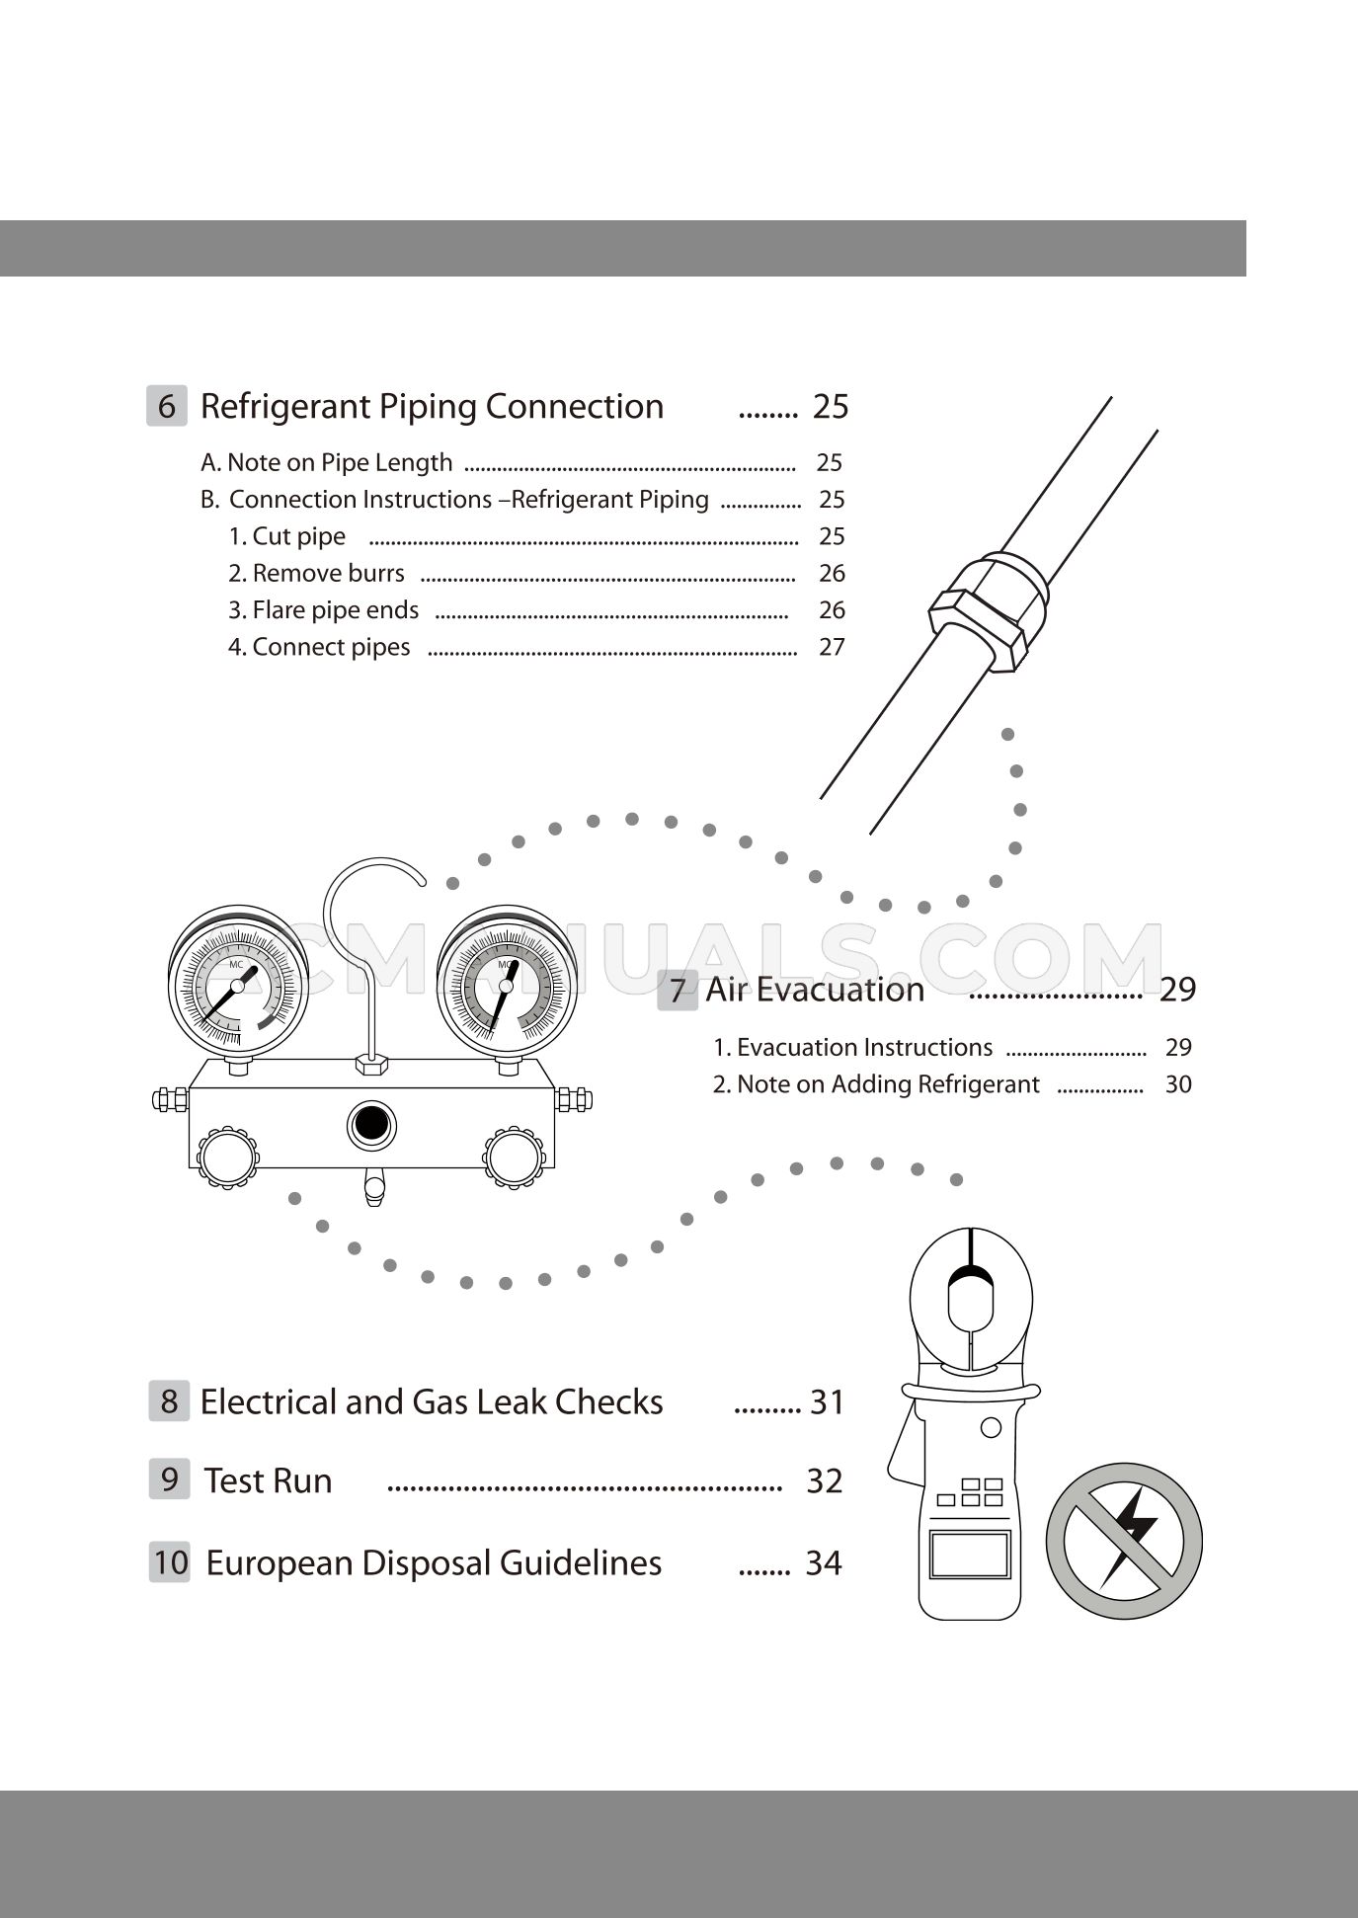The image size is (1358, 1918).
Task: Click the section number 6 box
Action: pos(167,407)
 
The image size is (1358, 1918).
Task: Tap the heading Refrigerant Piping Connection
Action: pos(432,407)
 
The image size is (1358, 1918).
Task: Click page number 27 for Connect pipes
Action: pos(832,647)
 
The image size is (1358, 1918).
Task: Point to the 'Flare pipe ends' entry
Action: pos(324,610)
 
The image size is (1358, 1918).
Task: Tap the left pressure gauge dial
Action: pos(237,985)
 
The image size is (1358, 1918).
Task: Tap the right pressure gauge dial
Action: pos(507,985)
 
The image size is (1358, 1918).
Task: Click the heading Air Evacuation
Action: pos(815,990)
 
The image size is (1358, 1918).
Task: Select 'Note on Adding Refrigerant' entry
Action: pos(876,1084)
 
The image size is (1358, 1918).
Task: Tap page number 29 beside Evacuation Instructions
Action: pos(1178,1048)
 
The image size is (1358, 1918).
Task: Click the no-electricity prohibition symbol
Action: pos(1124,1542)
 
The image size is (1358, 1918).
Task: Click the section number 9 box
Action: pos(169,1479)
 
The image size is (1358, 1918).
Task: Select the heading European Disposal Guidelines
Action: pos(434,1563)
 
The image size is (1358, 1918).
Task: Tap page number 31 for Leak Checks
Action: pos(827,1402)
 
